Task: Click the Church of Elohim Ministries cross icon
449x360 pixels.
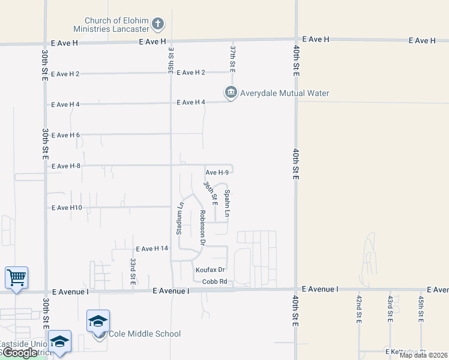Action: (x=158, y=24)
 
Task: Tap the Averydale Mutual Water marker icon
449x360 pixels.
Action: (x=231, y=92)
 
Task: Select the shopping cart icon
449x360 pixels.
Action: (x=17, y=278)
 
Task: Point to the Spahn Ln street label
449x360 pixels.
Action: (x=228, y=203)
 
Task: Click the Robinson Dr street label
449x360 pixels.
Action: (x=203, y=227)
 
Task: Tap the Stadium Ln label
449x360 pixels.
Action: (x=179, y=218)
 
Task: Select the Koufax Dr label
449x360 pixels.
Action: (x=209, y=270)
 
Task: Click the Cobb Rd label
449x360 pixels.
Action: (x=214, y=281)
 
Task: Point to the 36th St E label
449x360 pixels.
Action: (x=209, y=193)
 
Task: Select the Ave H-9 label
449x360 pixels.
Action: (x=217, y=172)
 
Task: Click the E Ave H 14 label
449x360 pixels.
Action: (x=152, y=248)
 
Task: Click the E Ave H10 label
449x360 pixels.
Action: (x=67, y=208)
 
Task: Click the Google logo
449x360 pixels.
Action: (x=20, y=353)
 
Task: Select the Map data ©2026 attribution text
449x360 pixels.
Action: (x=423, y=355)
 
